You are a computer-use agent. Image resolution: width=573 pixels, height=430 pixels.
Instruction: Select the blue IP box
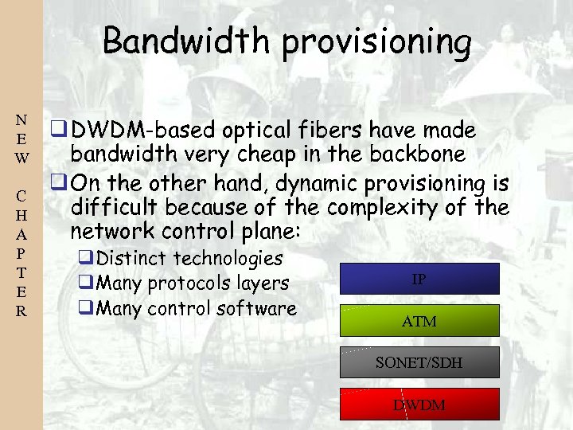click(x=419, y=279)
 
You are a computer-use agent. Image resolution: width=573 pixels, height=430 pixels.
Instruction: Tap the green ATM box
click(x=419, y=321)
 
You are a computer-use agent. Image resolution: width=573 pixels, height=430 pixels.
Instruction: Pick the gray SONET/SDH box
click(x=419, y=362)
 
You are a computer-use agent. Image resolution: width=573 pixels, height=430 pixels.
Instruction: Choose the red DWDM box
click(x=419, y=405)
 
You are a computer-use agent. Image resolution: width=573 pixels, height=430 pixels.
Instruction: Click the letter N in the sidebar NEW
click(x=21, y=121)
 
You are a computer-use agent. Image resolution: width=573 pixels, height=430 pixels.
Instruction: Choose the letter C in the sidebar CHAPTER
click(x=21, y=196)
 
